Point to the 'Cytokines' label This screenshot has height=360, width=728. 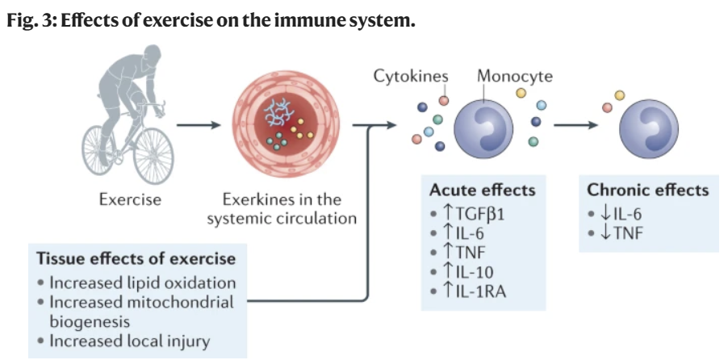coord(411,76)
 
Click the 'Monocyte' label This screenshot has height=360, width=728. coord(514,76)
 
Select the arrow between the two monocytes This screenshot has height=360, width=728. coord(575,125)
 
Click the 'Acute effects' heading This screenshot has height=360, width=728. coord(482,190)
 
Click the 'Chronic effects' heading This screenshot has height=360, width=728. coord(647,190)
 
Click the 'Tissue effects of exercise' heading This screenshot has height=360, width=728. coord(136,259)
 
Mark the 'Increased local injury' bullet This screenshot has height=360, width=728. coord(129,341)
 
